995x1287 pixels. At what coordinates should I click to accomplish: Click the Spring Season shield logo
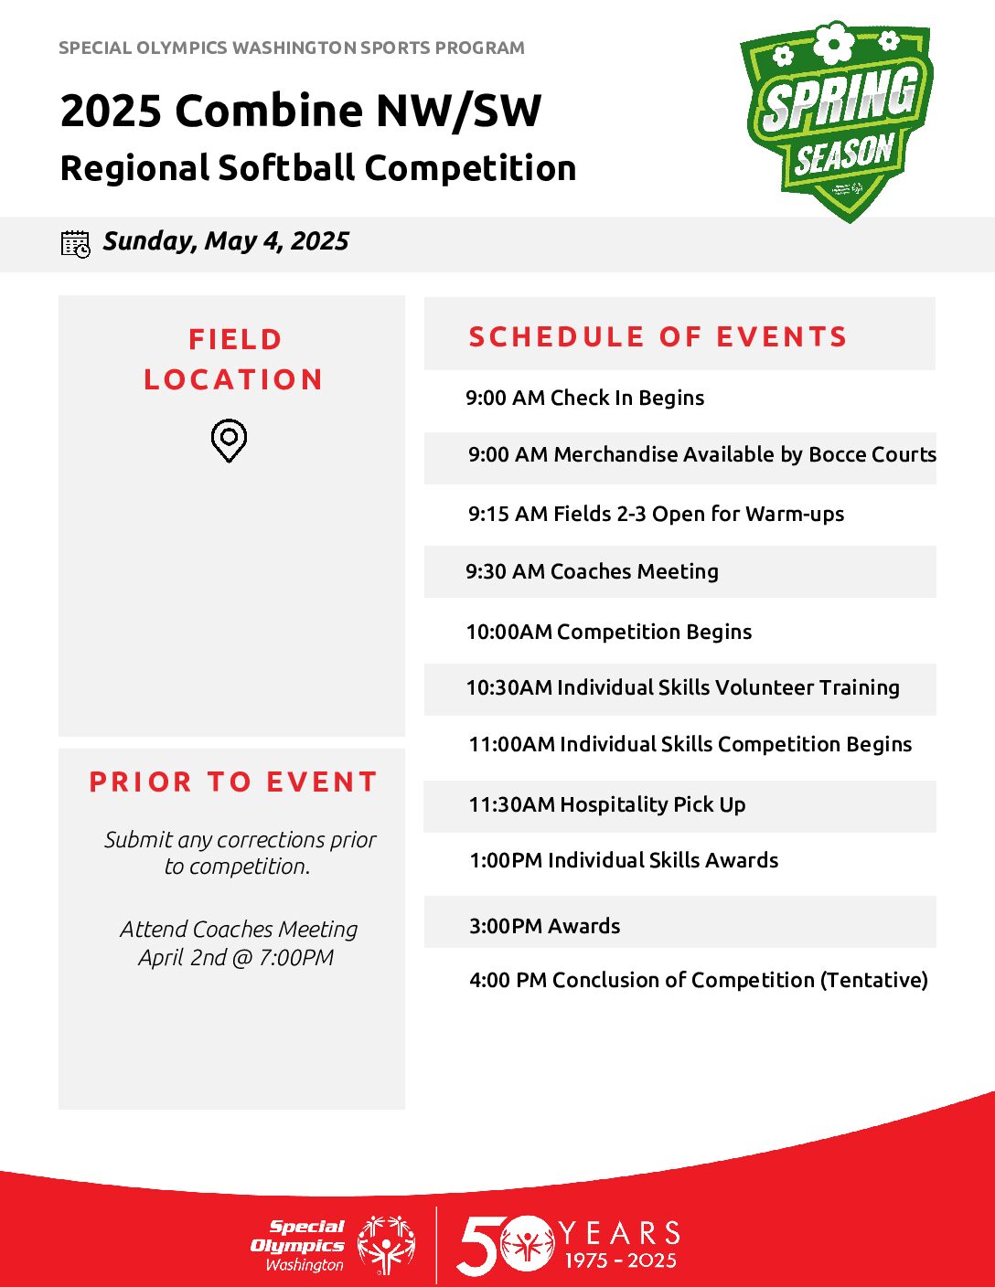[836, 122]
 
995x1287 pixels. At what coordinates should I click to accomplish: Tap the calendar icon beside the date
[76, 244]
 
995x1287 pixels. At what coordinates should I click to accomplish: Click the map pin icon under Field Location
[229, 441]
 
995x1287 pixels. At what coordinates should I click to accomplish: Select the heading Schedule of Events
[658, 336]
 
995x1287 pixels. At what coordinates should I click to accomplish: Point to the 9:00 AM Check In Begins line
[585, 398]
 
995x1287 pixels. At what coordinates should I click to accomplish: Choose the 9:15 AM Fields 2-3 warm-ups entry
[656, 514]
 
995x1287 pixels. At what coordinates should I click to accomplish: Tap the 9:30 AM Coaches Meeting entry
[592, 571]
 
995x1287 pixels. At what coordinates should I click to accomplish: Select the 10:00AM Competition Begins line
[609, 632]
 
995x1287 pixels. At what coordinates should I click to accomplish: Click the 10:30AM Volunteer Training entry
[683, 687]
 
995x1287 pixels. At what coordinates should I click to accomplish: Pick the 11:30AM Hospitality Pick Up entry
[607, 804]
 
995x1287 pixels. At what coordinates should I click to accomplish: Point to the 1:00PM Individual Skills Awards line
[624, 860]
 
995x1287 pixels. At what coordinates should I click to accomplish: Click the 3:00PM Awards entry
[545, 926]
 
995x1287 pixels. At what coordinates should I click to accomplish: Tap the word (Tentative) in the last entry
[874, 980]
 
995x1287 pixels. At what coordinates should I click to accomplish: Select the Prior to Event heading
[233, 782]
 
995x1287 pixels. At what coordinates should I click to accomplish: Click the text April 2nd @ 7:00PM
[236, 957]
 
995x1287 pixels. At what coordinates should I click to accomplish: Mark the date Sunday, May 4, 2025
[226, 241]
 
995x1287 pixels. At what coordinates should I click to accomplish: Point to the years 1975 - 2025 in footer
[620, 1260]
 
